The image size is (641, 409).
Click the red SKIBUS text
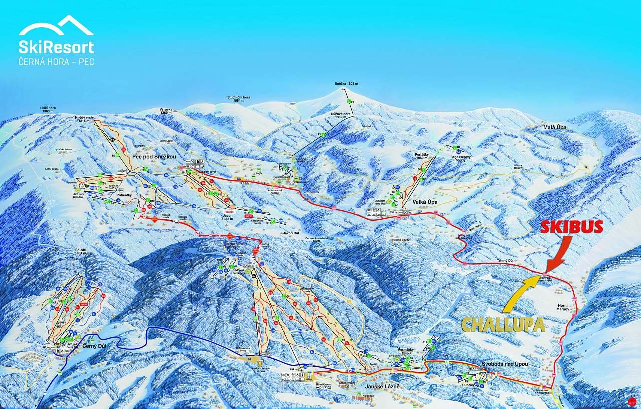click(571, 227)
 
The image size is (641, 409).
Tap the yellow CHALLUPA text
click(503, 325)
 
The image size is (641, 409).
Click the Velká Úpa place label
click(422, 202)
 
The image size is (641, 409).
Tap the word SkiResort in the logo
click(56, 47)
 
